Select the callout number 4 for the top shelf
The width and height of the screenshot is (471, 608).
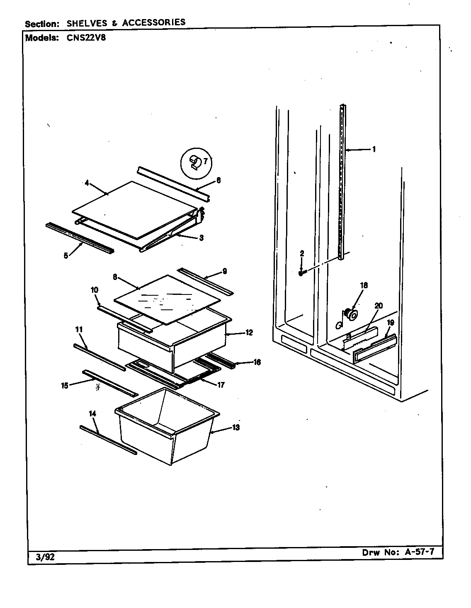point(87,183)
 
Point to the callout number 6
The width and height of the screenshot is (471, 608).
point(218,180)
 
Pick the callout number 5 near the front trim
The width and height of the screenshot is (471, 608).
point(66,256)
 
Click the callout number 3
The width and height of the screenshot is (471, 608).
point(201,238)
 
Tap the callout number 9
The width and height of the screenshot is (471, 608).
point(224,272)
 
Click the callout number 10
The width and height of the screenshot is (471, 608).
point(95,290)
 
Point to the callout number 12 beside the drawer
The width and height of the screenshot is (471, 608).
point(249,332)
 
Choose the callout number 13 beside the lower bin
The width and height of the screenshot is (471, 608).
point(235,428)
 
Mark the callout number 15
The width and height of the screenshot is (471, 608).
point(65,385)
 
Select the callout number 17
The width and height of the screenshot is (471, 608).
point(221,385)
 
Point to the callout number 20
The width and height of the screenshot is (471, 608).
point(378,306)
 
